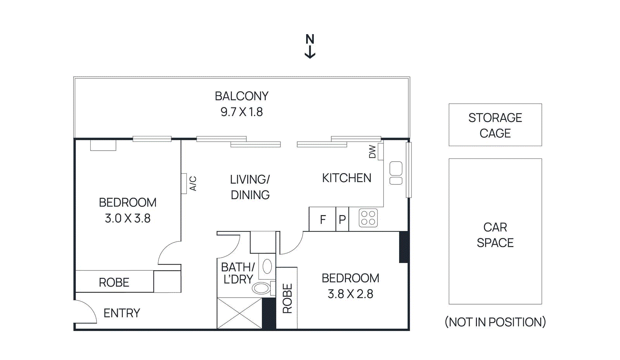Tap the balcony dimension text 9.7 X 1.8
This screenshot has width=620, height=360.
[241, 112]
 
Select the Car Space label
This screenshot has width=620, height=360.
[495, 235]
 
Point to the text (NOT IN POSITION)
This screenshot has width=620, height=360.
[495, 322]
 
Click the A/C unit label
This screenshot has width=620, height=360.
[193, 183]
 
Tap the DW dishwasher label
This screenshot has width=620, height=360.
[372, 152]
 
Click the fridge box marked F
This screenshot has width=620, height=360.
[322, 220]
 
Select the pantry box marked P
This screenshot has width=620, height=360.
[342, 220]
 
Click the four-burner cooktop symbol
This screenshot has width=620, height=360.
[368, 218]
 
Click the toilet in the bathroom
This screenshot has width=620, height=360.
[267, 267]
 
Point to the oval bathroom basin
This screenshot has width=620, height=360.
[261, 288]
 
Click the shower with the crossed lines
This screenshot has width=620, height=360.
[239, 313]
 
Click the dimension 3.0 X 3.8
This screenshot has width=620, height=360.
[127, 219]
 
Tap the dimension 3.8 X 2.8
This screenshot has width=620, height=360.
[350, 294]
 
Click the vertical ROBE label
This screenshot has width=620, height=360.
[287, 298]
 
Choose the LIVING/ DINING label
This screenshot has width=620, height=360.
[250, 187]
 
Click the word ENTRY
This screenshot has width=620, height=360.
[122, 313]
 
